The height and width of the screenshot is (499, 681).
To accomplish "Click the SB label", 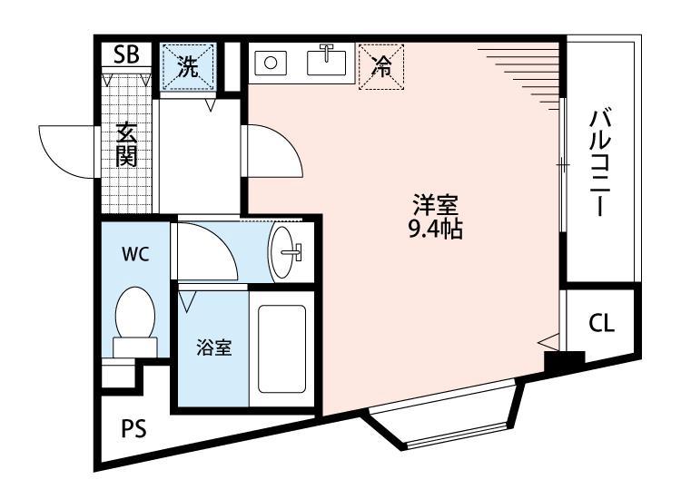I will click(x=126, y=54).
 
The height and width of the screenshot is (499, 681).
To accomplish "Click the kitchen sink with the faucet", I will click(x=328, y=62).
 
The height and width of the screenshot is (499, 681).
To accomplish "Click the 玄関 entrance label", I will click(x=126, y=144).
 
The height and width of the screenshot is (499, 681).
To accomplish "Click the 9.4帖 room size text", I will click(x=435, y=230).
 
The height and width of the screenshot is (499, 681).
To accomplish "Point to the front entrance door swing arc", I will click(x=64, y=149).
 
